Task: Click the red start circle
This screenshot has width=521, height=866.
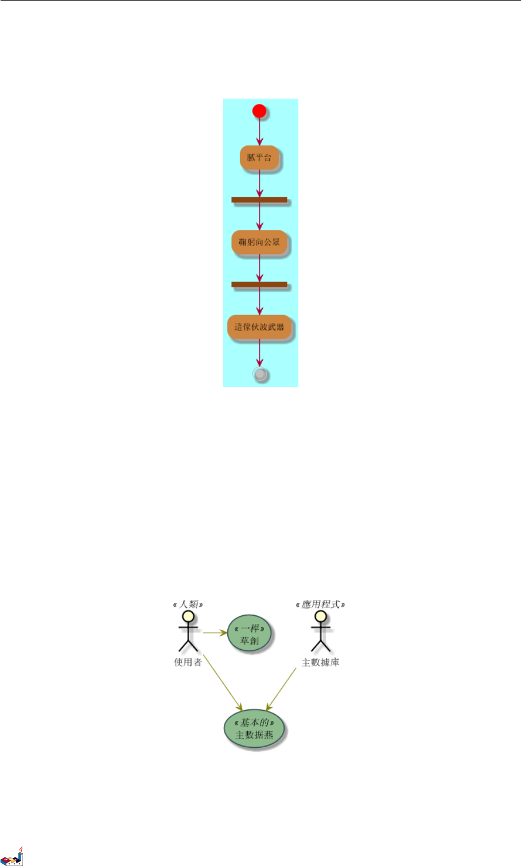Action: point(259,111)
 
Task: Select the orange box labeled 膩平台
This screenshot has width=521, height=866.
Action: point(259,158)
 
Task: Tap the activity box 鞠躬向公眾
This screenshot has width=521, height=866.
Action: point(259,243)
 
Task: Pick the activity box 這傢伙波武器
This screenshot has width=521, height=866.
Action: point(259,327)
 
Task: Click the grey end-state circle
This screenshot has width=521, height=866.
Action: point(260,375)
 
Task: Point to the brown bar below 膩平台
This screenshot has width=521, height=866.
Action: point(259,200)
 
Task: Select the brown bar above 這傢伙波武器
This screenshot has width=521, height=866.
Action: point(259,284)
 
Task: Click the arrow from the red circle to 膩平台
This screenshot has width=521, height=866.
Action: point(259,132)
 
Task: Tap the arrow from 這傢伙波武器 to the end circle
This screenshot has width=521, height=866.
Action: point(259,353)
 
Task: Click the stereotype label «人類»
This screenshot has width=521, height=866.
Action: point(188,604)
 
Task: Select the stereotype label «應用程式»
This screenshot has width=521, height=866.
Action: point(320,604)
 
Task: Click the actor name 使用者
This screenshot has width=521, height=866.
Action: point(188,662)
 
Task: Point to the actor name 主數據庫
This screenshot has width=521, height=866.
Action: point(320,662)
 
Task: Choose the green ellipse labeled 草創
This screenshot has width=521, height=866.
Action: point(250,634)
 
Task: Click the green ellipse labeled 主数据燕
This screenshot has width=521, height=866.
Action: point(254,729)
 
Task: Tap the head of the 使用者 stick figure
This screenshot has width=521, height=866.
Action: point(188,617)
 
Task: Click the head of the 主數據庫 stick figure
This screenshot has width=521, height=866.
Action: point(320,617)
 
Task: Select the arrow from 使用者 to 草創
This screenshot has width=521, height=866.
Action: point(215,633)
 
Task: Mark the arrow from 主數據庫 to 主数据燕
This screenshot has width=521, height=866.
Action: point(281,689)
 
